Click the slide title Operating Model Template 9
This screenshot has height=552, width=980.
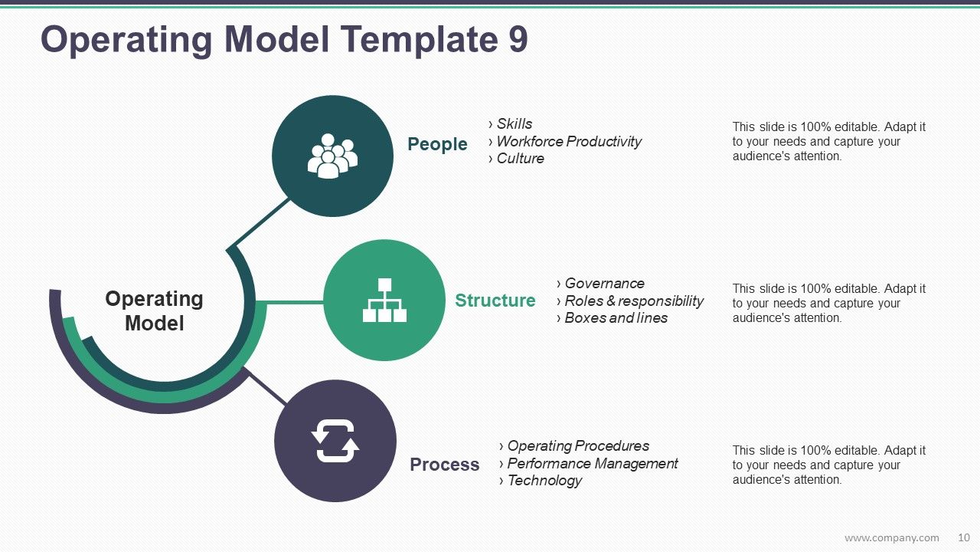click(284, 40)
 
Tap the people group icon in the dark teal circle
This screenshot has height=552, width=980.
click(332, 156)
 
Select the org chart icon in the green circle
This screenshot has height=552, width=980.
click(384, 301)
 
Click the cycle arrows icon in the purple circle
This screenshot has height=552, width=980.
click(335, 442)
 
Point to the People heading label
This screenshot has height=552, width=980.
click(437, 144)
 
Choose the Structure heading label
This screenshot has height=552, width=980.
click(495, 301)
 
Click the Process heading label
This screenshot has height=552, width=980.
click(444, 465)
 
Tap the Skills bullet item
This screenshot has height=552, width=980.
click(514, 124)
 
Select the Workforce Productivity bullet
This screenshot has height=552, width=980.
click(568, 142)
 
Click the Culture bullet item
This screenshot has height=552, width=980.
click(520, 159)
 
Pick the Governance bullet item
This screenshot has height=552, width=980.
click(604, 284)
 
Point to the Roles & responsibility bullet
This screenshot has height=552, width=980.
click(633, 301)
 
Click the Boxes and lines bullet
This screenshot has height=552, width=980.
click(616, 318)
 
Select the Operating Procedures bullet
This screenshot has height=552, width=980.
click(578, 446)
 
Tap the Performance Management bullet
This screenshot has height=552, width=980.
click(592, 464)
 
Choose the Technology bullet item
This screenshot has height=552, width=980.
click(544, 481)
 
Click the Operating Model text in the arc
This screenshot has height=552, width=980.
click(154, 310)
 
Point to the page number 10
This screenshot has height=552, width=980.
click(964, 537)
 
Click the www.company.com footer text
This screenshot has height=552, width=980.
click(891, 537)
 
